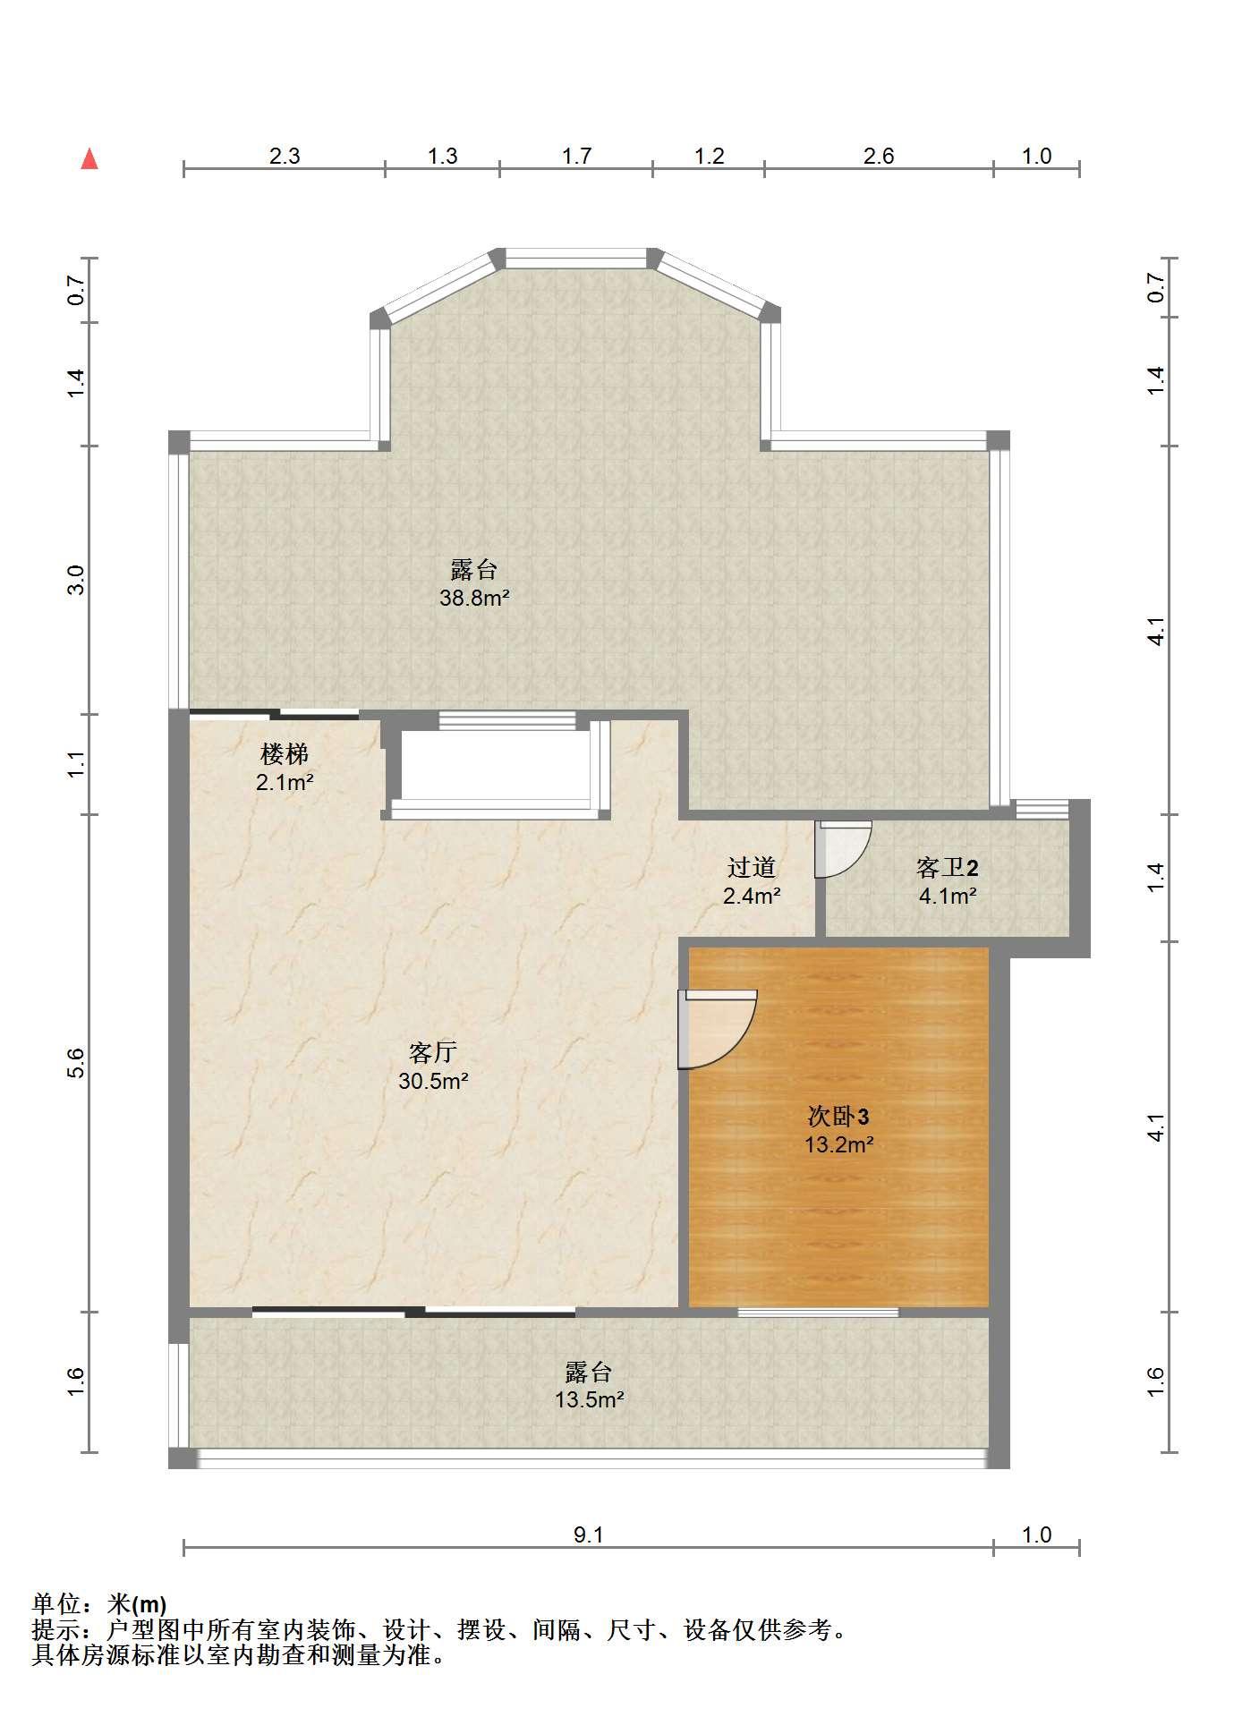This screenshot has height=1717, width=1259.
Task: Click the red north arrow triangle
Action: (x=89, y=158)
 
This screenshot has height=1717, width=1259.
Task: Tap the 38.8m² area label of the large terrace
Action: (x=474, y=598)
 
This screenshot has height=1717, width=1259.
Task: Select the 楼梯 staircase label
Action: (x=285, y=753)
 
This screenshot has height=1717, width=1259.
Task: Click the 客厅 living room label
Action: (x=433, y=1051)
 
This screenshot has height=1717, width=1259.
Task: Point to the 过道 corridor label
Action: (x=751, y=866)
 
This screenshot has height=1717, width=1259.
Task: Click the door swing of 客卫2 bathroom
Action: (x=843, y=848)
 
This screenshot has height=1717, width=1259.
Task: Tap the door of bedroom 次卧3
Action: (x=717, y=1029)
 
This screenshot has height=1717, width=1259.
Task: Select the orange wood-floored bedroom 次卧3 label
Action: (x=838, y=1116)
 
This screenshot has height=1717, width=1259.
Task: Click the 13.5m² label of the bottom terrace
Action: (x=589, y=1399)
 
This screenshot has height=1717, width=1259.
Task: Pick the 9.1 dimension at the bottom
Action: (x=589, y=1534)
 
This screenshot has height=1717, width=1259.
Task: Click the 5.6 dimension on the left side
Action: (x=76, y=1062)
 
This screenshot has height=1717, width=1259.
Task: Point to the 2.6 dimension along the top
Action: (x=879, y=156)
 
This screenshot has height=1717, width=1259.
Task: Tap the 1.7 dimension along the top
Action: (x=576, y=156)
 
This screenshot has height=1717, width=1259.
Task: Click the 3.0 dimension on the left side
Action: (x=76, y=580)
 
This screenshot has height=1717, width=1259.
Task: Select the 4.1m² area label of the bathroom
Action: (x=948, y=895)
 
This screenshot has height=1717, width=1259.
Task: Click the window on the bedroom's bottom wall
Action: (x=818, y=1313)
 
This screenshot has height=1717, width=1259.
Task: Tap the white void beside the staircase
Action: (x=495, y=765)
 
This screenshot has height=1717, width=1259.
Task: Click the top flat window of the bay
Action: (x=576, y=259)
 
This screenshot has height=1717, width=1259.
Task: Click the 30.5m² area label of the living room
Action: (x=433, y=1081)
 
